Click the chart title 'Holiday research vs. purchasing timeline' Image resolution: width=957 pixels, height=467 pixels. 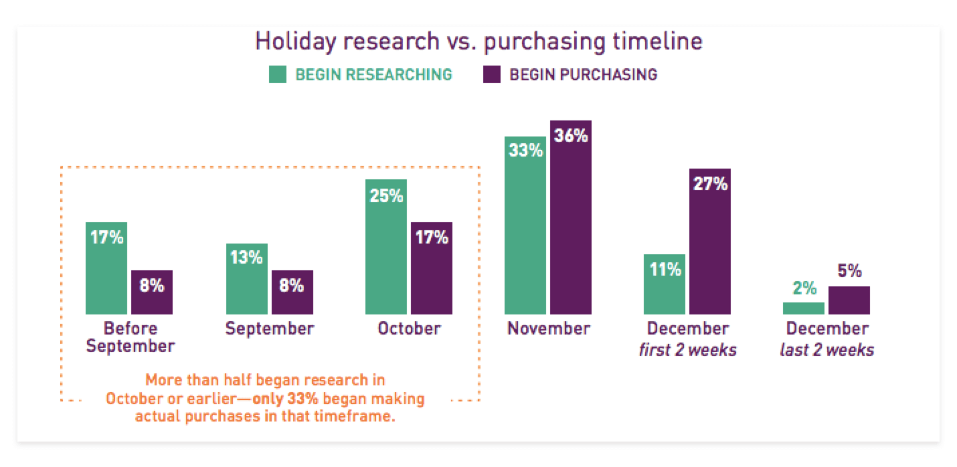pos(478,41)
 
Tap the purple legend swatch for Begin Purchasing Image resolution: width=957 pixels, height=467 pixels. pos(492,74)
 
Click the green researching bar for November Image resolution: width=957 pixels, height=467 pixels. pos(525,227)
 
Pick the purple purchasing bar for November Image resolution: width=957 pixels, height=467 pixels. pos(571,221)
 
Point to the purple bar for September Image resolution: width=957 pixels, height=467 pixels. pos(292,294)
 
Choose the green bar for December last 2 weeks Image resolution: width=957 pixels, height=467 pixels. pos(804,308)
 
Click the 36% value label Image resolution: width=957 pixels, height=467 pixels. pos(572,136)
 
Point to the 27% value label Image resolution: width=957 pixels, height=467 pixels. pos(711,184)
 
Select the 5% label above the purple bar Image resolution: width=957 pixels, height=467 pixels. pos(849,272)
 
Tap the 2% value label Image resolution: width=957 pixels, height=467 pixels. pos(804,288)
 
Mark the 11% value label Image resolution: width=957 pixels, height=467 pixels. pos(665,270)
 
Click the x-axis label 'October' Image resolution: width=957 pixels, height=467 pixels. pos(409,329)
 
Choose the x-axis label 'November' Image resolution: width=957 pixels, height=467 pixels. pos(549,329)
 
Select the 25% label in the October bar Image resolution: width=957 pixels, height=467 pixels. pos(386,196)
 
